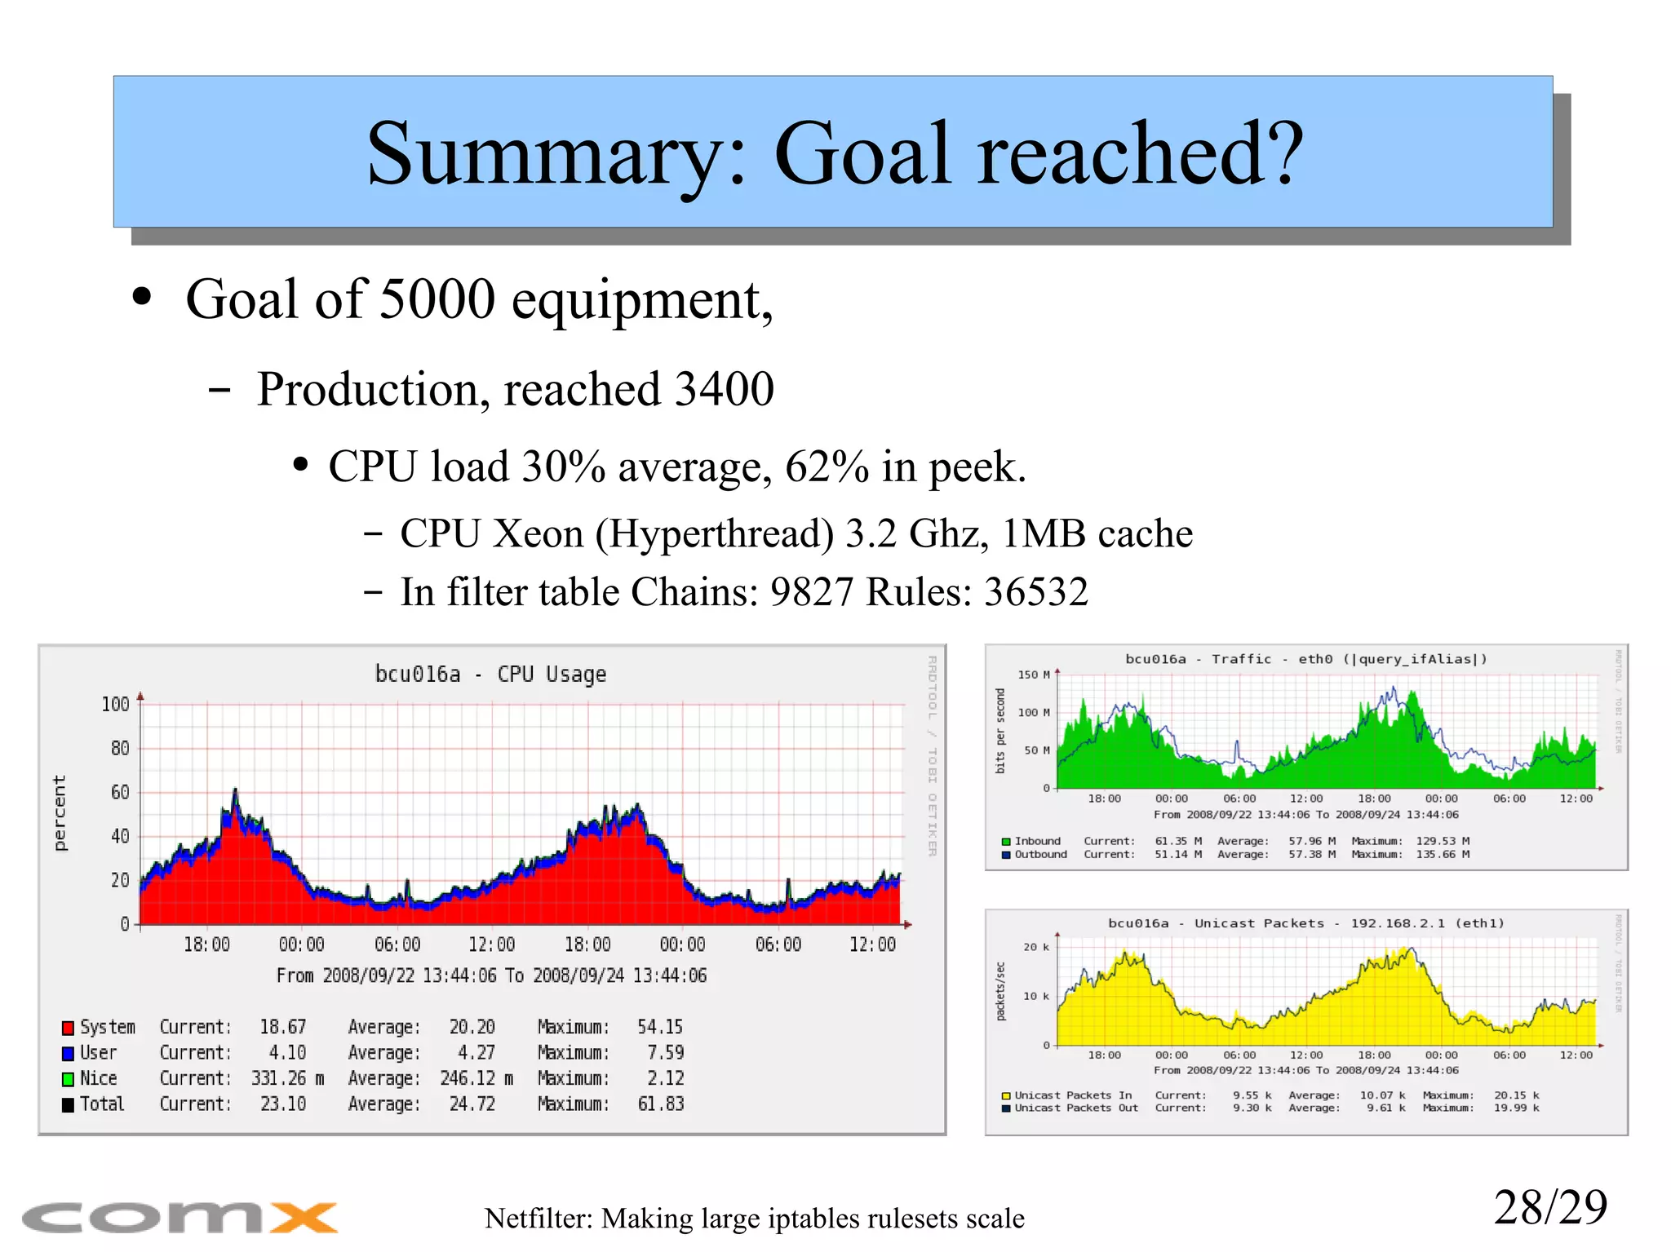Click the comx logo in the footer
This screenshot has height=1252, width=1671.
pyautogui.click(x=180, y=1218)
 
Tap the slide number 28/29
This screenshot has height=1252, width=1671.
pyautogui.click(x=1549, y=1207)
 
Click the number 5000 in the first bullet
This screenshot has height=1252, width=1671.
pyautogui.click(x=437, y=299)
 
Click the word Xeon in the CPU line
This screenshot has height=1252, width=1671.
pyautogui.click(x=539, y=534)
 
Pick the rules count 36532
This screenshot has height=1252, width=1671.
pyautogui.click(x=1035, y=592)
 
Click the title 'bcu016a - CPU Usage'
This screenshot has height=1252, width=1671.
pyautogui.click(x=490, y=675)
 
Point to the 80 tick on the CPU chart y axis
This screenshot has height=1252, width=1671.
pyautogui.click(x=119, y=748)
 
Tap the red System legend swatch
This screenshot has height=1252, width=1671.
pyautogui.click(x=69, y=1028)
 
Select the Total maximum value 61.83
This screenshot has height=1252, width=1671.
pyautogui.click(x=660, y=1104)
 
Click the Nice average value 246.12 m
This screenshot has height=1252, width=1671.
pyautogui.click(x=476, y=1078)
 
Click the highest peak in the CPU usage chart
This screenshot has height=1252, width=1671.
pyautogui.click(x=235, y=790)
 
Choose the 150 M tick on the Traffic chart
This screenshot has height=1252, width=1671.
pyautogui.click(x=1033, y=675)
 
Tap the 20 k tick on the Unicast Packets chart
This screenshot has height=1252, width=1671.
pyautogui.click(x=1035, y=947)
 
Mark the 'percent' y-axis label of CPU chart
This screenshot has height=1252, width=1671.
pyautogui.click(x=60, y=813)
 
